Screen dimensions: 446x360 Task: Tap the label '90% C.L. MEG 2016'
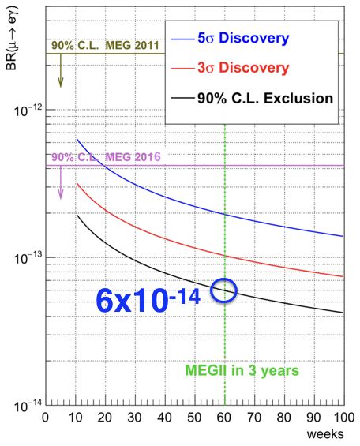coord(105,157)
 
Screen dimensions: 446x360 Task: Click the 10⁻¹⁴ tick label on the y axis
coord(26,406)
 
